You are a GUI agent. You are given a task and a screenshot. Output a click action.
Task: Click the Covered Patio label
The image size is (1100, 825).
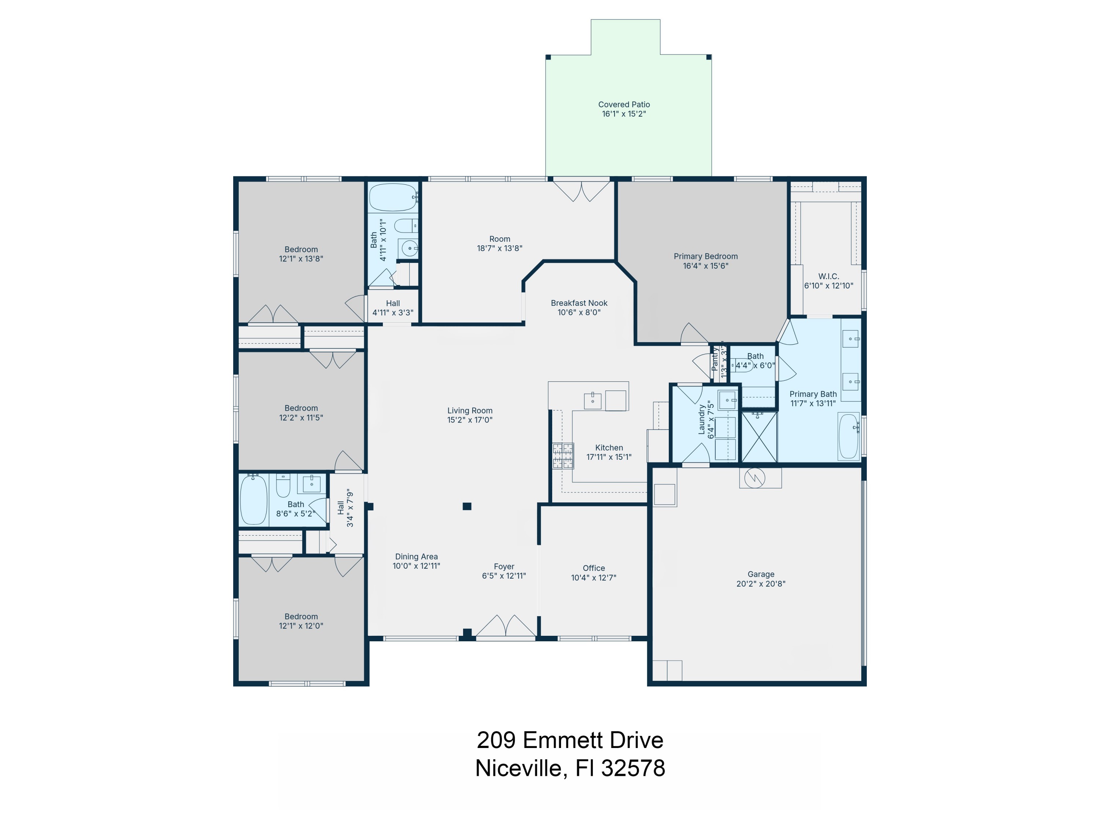[x=624, y=104]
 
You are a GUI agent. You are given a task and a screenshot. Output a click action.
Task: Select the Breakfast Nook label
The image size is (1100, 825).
[x=579, y=303]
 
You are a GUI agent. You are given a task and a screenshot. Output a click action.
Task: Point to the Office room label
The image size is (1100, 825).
[x=593, y=568]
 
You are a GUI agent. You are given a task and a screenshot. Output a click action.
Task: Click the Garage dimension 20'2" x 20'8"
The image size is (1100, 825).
[x=760, y=584]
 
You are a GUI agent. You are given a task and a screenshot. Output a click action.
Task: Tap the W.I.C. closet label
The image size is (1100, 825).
[x=828, y=276]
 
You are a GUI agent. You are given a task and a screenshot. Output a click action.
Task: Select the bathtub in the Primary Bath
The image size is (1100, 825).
[x=848, y=436]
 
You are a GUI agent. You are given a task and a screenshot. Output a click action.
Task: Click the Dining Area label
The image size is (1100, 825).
[x=416, y=557]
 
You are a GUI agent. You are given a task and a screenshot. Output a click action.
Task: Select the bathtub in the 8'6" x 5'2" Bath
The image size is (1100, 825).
[x=254, y=500]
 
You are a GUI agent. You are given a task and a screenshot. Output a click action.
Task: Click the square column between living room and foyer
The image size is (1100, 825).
[x=466, y=506]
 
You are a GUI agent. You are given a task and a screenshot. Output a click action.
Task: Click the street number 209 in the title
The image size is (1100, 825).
[x=496, y=740]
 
